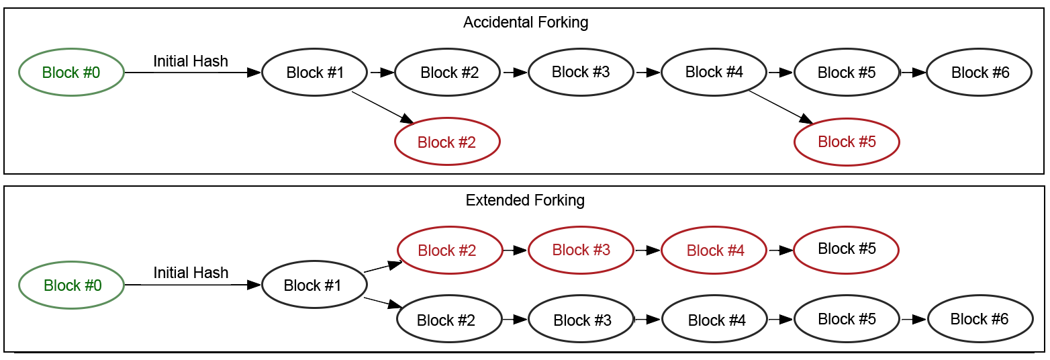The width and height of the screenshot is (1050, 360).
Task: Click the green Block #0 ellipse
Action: (x=71, y=72)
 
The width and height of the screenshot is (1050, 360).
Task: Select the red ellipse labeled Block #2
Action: (x=447, y=142)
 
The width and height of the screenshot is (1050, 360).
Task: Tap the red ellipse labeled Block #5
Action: (x=847, y=142)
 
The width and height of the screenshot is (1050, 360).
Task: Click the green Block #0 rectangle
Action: (x=71, y=285)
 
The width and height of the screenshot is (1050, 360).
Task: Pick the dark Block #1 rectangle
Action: (x=314, y=285)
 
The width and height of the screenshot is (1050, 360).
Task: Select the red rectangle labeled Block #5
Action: (x=846, y=249)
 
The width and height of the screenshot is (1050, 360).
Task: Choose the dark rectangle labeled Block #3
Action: (x=581, y=319)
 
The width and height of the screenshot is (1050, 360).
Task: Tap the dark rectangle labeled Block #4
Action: (x=714, y=319)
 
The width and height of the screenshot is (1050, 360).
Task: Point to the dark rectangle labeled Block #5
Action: (x=847, y=319)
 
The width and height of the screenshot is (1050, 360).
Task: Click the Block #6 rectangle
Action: (x=980, y=319)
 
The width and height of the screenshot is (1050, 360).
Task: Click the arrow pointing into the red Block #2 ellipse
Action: (x=383, y=107)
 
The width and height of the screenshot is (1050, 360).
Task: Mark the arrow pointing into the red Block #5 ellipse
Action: (x=782, y=107)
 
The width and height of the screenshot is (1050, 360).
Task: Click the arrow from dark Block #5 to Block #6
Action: (x=914, y=320)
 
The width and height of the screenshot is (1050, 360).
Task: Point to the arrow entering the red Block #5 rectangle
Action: (x=780, y=250)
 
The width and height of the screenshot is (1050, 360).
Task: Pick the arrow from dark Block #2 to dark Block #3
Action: (x=515, y=320)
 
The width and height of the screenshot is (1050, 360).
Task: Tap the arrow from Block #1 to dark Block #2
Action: (x=383, y=304)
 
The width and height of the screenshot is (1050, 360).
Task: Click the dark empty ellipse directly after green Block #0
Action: (x=314, y=72)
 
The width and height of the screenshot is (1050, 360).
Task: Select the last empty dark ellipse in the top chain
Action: (x=979, y=72)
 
